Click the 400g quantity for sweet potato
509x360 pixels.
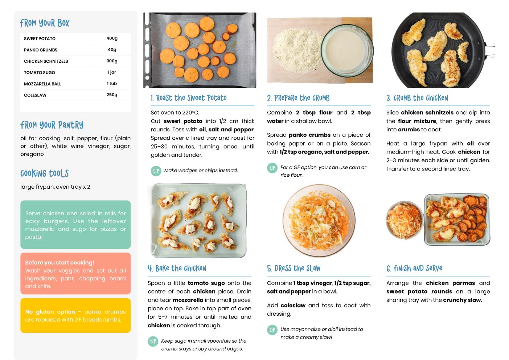(112, 38)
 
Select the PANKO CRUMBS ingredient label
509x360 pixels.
(41, 50)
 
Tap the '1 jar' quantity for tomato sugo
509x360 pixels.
(112, 72)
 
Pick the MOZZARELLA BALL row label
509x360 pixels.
(42, 84)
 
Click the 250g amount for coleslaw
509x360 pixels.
(112, 95)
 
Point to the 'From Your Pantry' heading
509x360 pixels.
(52, 125)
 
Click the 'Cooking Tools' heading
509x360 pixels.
(45, 173)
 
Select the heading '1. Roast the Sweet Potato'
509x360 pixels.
(189, 98)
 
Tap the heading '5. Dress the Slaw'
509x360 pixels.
(294, 269)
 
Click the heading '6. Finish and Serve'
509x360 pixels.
(414, 269)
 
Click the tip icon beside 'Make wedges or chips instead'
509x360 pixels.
(156, 171)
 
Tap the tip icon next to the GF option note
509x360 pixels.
(272, 168)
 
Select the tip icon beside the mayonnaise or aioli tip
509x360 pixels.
(272, 330)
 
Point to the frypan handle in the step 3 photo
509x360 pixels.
(490, 50)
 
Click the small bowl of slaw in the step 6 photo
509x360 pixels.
(405, 220)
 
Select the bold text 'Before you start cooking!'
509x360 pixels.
(59, 262)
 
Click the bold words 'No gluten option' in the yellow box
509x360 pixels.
(50, 312)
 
